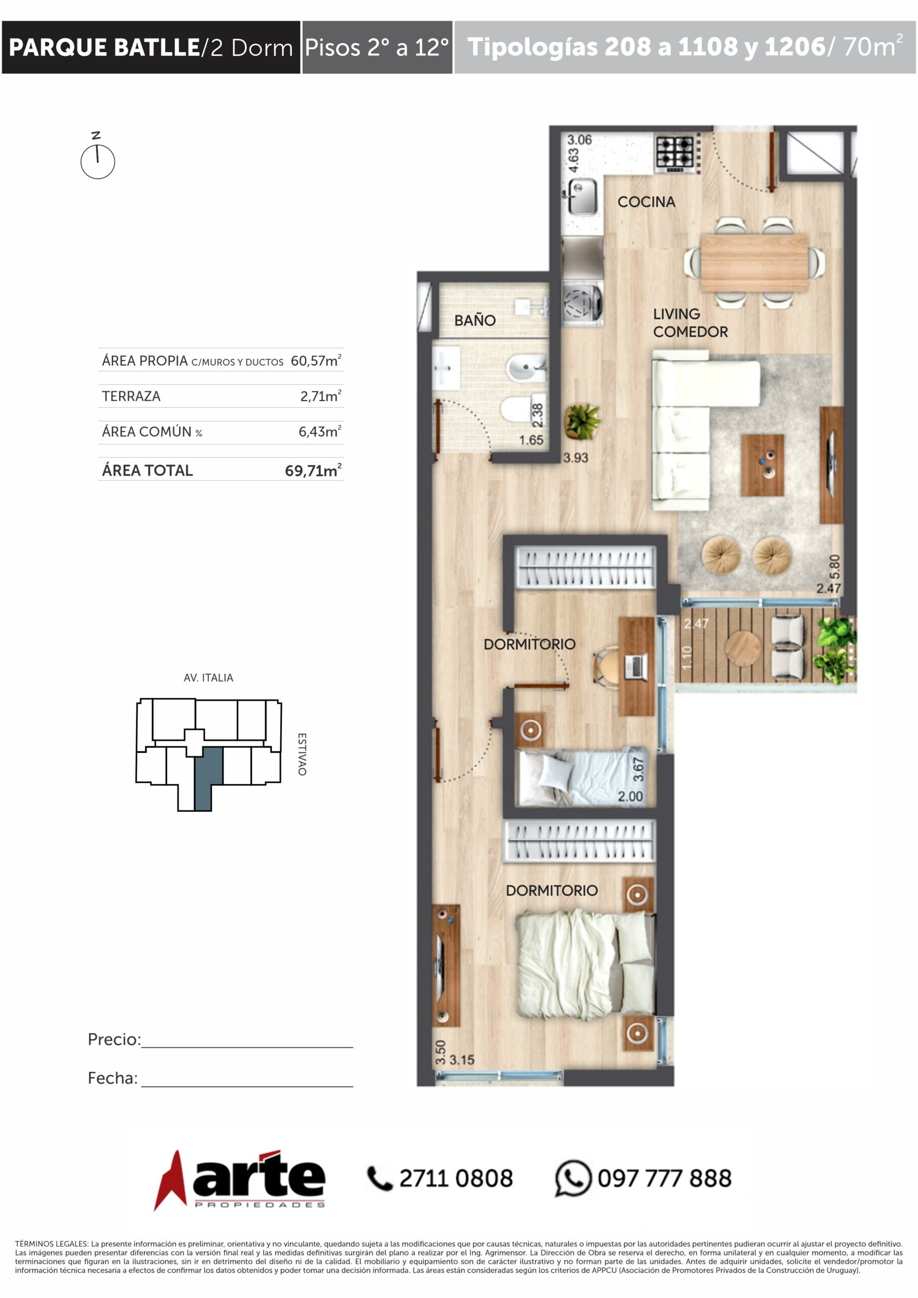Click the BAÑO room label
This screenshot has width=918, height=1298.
click(475, 320)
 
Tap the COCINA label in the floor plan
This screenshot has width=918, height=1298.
click(646, 202)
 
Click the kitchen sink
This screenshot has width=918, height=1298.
click(582, 196)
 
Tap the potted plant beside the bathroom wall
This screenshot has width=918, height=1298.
click(582, 421)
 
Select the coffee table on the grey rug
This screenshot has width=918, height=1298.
click(762, 465)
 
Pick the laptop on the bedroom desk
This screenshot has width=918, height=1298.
click(637, 665)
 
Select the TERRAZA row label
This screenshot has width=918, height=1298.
click(131, 396)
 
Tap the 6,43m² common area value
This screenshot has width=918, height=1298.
click(320, 431)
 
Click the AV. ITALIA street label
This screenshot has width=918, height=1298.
click(208, 677)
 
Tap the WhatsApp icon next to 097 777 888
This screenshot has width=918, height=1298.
click(573, 1178)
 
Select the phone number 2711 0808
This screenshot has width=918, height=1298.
click(456, 1179)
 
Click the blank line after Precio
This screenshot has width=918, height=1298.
click(247, 1047)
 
